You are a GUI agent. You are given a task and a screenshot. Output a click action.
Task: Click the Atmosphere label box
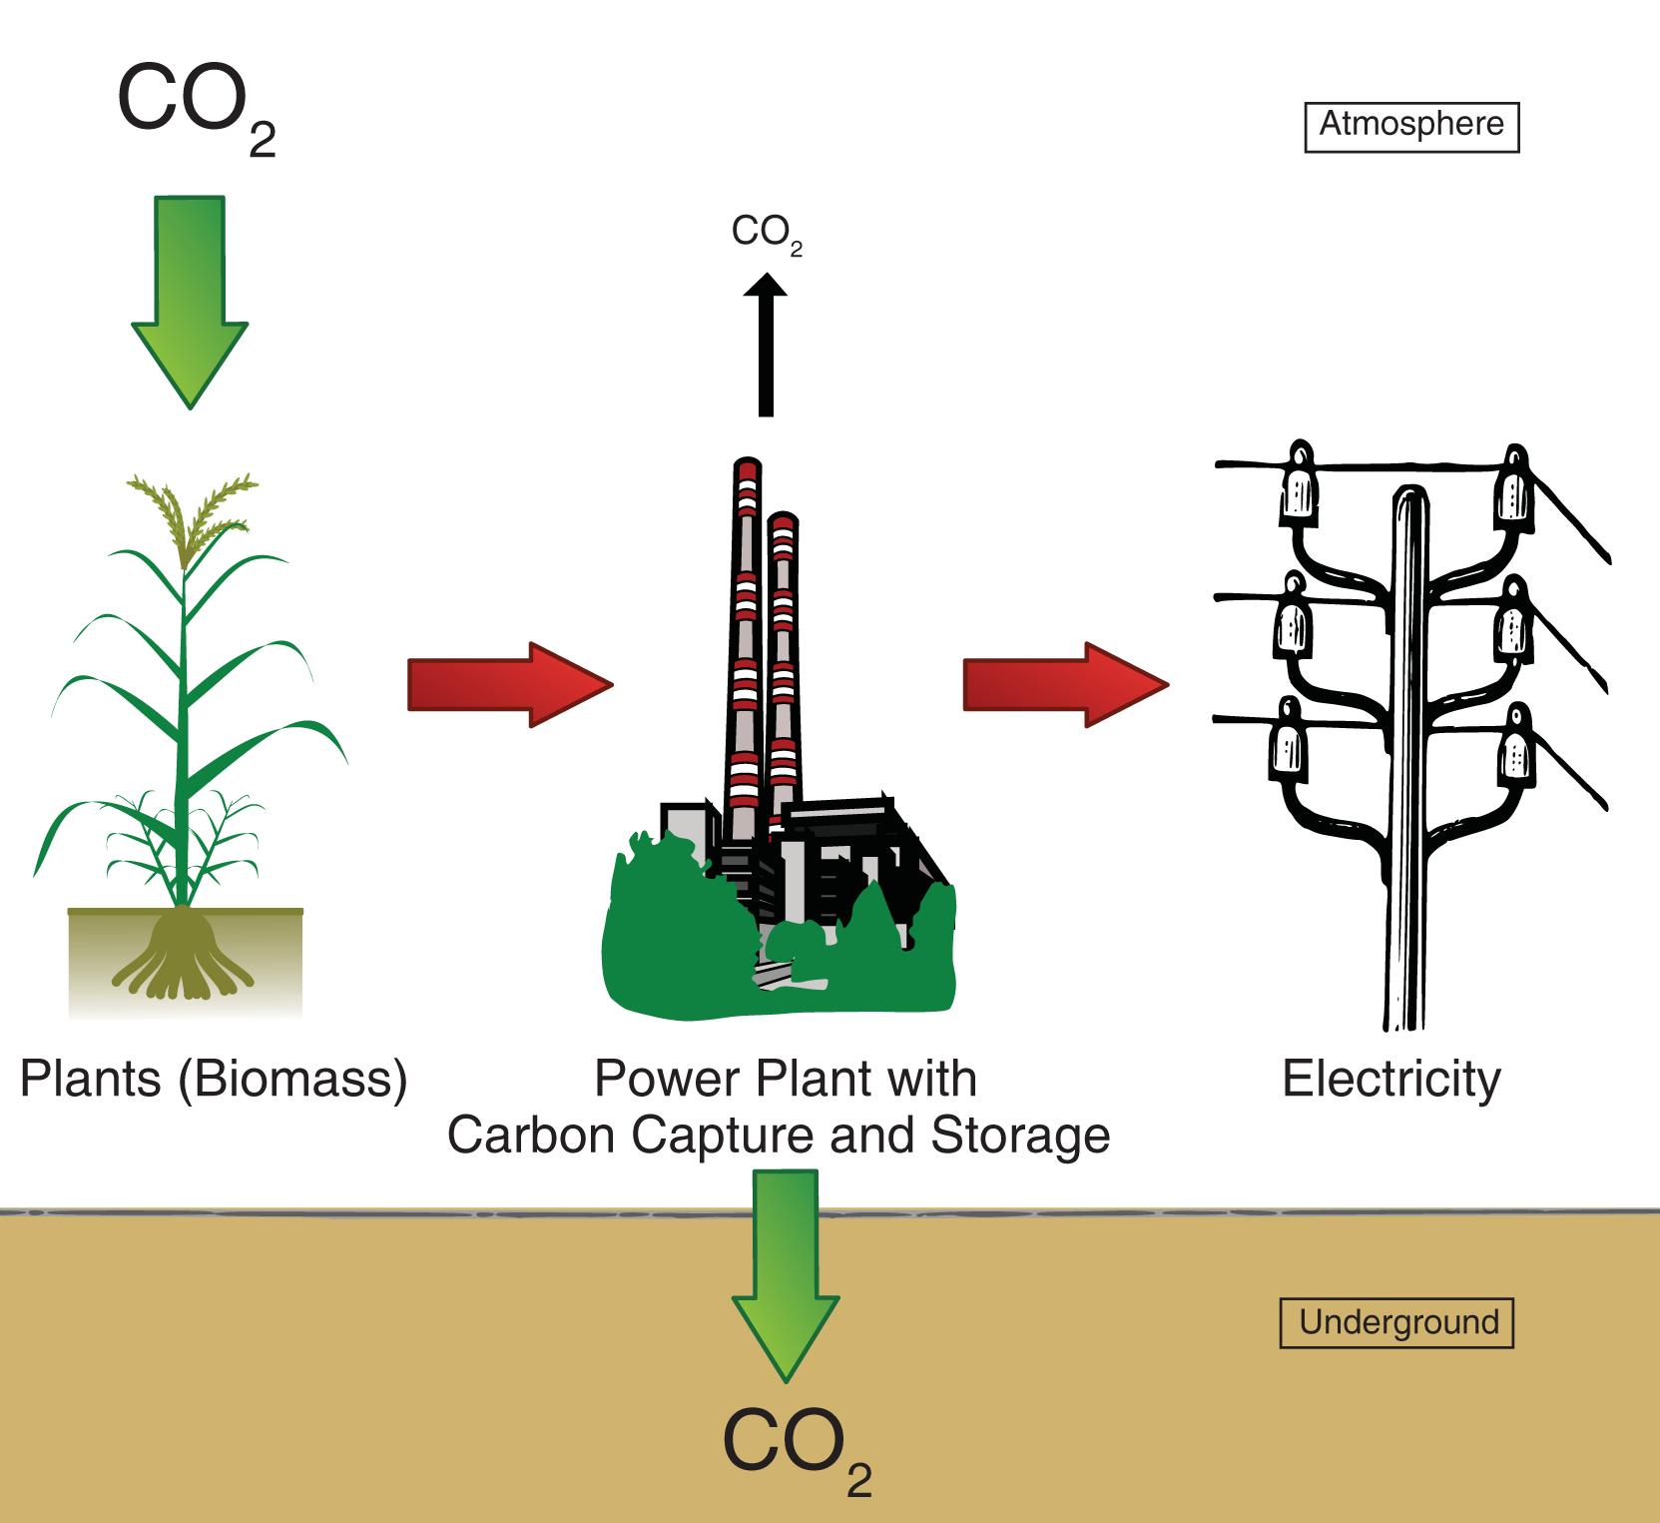pos(1411,126)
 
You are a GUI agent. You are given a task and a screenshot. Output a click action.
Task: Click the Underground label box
pos(1397,1323)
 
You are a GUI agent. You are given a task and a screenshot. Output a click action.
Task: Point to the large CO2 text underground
pos(794,1448)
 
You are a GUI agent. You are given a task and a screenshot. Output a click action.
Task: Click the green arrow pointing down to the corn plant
pos(190,300)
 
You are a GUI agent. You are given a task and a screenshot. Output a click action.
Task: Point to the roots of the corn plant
pos(180,954)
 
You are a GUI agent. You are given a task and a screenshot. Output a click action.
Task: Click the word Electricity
pos(1390,1080)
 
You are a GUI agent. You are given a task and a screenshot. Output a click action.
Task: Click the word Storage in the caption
pos(1019,1136)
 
